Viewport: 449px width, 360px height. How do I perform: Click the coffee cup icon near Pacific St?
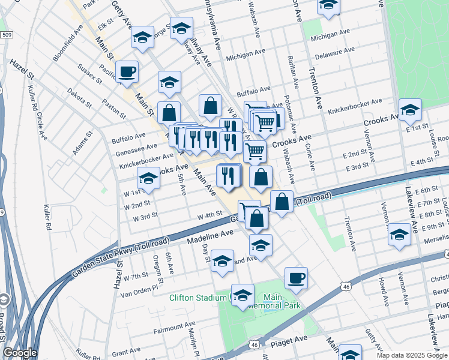127,72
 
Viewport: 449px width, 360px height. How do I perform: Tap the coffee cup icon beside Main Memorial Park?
297,278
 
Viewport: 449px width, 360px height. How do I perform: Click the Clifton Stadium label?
197,297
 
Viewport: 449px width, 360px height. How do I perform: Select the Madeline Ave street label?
209,236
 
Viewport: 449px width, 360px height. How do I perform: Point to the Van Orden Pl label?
139,287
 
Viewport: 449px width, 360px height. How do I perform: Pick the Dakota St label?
79,95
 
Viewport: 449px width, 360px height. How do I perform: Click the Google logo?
20,353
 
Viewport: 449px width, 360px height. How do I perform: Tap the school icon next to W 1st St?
149,178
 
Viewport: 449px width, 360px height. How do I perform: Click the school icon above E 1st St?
410,109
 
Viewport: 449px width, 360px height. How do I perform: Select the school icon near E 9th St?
399,234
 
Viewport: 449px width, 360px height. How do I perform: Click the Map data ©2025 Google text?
412,355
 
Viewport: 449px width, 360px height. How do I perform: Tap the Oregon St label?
157,268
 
